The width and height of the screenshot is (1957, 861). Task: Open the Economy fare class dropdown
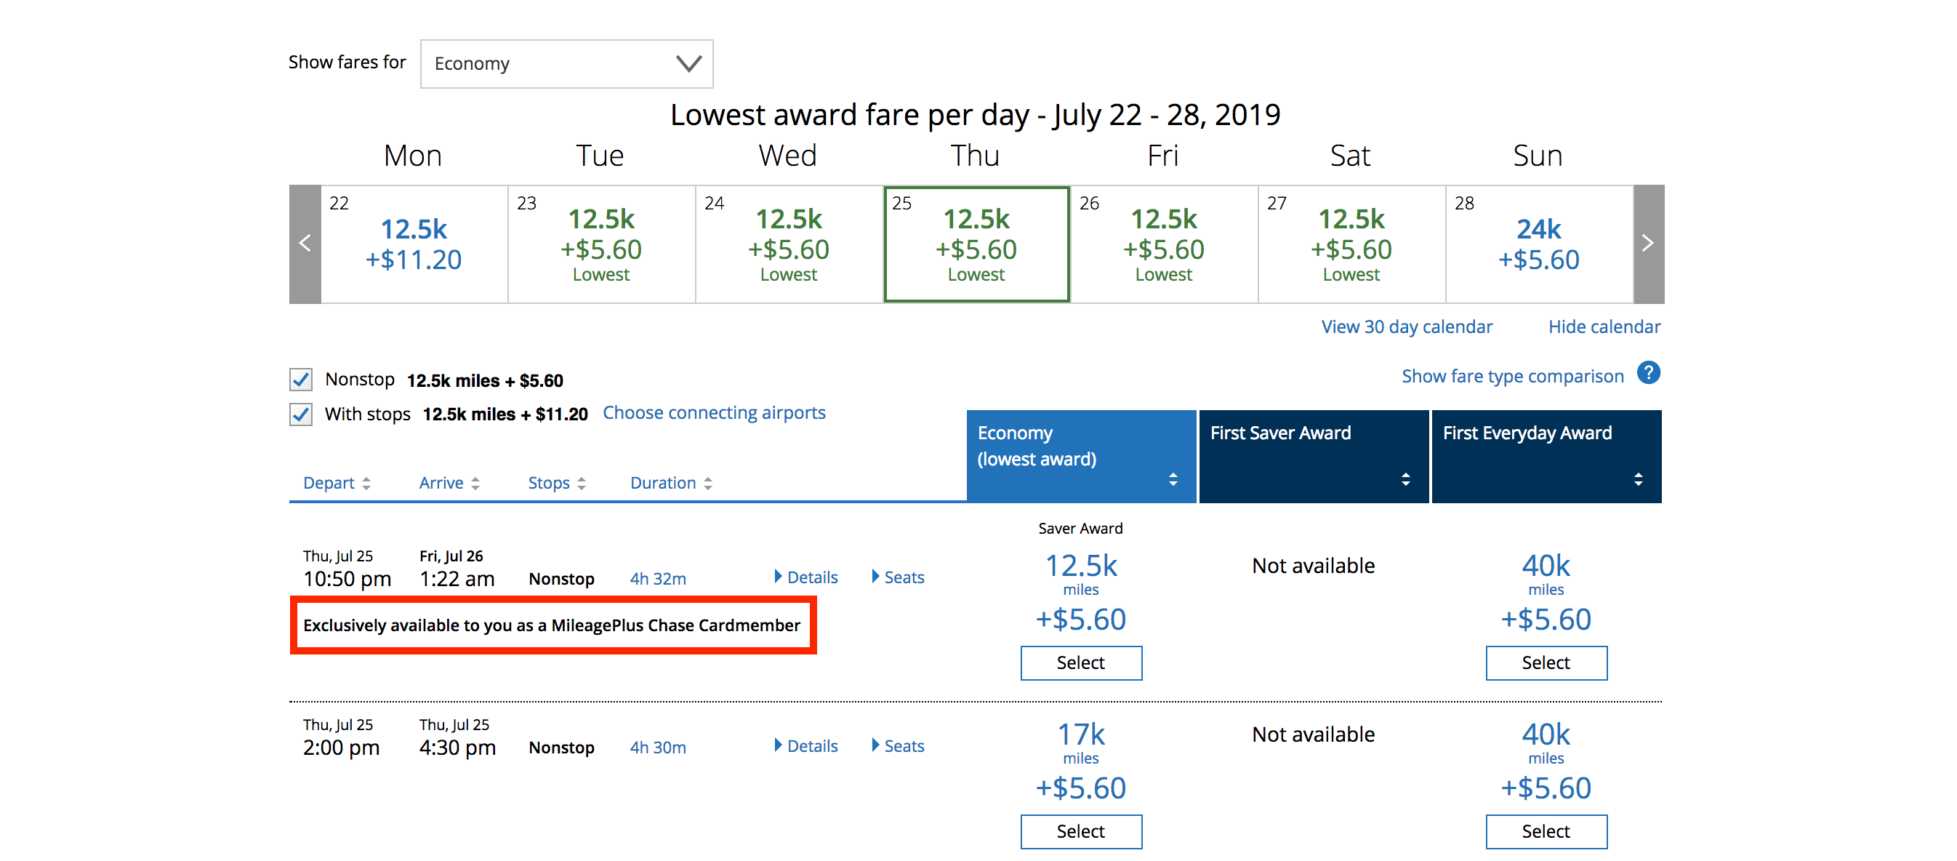566,64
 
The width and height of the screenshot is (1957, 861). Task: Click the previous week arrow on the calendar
305,244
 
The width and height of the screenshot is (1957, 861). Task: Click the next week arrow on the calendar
1647,244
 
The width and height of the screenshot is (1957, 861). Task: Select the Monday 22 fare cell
414,244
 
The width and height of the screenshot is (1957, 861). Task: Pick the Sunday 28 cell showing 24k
1538,244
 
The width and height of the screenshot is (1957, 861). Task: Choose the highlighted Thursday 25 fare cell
976,244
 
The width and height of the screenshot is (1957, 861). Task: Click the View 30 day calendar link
1406,327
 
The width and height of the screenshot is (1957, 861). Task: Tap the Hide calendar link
1604,327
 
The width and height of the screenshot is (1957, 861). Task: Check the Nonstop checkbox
301,379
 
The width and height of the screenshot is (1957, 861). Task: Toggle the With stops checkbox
301,415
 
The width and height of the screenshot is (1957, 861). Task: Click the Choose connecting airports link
713,412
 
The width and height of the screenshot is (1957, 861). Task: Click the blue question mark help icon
1648,373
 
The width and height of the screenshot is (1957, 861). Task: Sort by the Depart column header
337,484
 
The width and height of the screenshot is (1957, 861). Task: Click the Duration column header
671,484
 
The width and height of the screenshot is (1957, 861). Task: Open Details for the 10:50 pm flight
806,577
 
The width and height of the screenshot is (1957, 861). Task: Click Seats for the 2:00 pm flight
898,746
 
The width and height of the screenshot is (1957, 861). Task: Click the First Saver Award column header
1313,456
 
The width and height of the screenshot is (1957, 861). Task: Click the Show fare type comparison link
1512,376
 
